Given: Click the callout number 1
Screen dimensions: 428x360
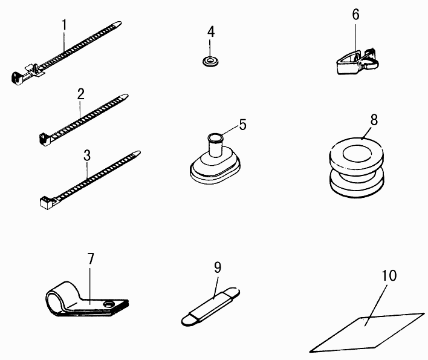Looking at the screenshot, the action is point(65,25).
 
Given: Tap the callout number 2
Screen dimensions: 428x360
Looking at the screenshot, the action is point(81,94).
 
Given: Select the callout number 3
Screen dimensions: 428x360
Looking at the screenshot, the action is point(87,155).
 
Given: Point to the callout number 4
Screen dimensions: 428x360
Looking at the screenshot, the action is point(211,31).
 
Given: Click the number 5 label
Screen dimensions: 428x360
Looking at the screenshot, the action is point(242,125).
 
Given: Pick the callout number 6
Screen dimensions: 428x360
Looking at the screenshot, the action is point(355,15).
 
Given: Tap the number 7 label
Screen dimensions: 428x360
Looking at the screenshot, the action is point(91,258).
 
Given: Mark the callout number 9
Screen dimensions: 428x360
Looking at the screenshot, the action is point(218,267).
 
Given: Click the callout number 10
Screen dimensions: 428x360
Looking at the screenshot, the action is point(389,276).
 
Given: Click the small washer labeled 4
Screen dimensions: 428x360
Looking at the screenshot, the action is point(210,61).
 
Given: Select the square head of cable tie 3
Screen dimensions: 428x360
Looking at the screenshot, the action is point(47,203).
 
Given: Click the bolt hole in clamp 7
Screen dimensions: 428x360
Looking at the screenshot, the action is point(109,304).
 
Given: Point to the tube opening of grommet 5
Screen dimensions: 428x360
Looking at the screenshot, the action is point(216,137).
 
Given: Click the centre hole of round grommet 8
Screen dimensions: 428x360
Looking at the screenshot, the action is point(357,154).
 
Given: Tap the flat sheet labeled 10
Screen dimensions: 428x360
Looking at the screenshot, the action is point(367,333).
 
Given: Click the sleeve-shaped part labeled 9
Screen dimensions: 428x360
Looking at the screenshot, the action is point(211,307).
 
